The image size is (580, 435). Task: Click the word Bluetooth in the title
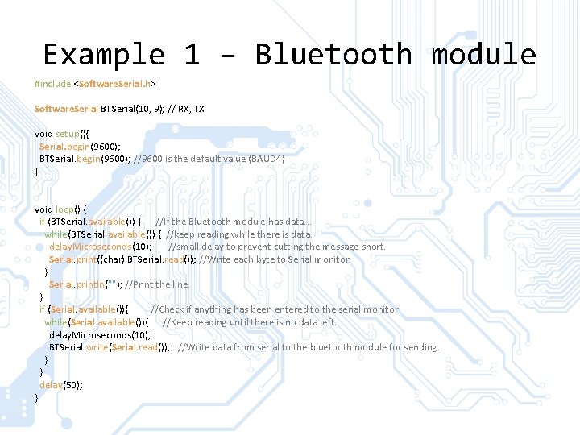(x=333, y=55)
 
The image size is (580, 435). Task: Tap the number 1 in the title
(x=191, y=55)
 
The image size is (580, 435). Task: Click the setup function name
(x=65, y=134)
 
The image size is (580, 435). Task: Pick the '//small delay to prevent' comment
(x=277, y=246)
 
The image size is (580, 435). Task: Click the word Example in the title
(x=103, y=55)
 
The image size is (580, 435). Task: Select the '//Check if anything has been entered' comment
(x=274, y=309)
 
